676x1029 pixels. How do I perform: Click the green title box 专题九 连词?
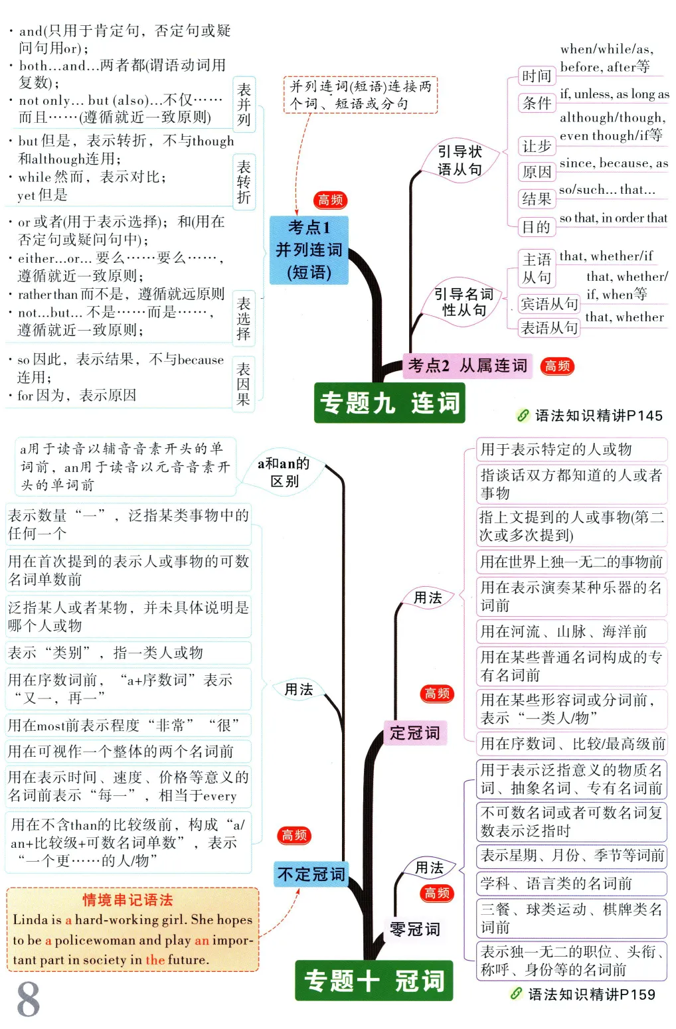(389, 403)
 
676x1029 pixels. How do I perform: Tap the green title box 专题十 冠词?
(374, 981)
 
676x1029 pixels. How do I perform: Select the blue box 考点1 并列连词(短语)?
(309, 250)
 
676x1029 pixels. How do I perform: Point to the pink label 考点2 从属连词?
(467, 365)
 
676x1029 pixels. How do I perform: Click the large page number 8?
(28, 999)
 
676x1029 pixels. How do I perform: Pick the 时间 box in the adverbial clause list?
(537, 76)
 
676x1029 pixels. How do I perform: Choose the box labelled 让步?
(537, 146)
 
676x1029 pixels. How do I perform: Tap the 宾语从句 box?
(549, 304)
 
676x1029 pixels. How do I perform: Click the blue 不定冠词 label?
(311, 874)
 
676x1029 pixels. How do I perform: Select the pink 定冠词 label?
(414, 733)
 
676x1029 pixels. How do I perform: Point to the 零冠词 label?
(414, 929)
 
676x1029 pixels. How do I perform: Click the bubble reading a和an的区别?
(284, 472)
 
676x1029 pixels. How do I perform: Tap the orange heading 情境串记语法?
(127, 900)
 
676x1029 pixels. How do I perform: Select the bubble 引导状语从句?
(460, 161)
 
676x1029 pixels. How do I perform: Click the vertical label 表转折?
(244, 182)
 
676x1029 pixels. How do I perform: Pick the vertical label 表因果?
(244, 384)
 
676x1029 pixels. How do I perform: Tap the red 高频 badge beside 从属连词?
(557, 366)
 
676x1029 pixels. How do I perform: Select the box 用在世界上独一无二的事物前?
(571, 562)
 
